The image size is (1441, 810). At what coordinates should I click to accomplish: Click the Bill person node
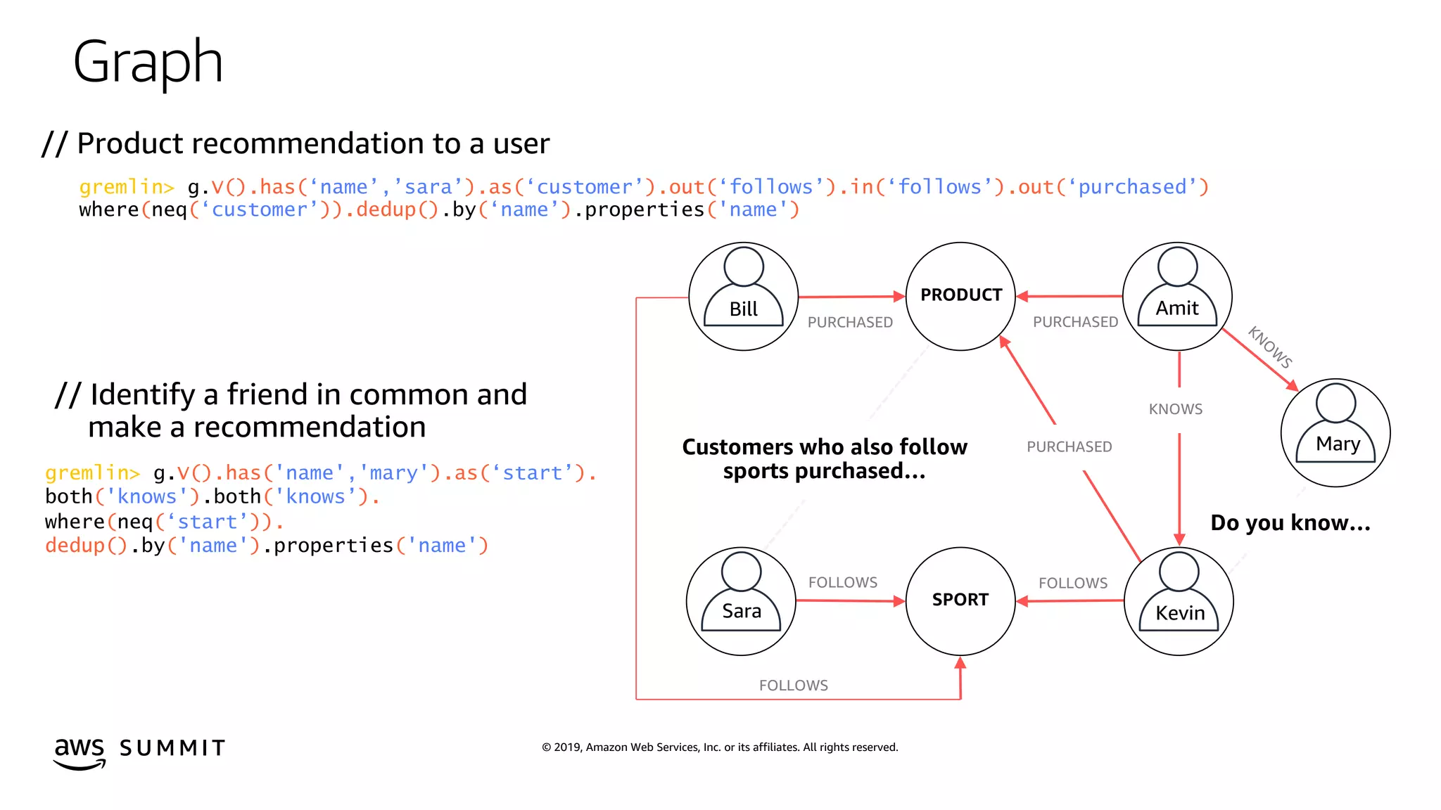pyautogui.click(x=743, y=297)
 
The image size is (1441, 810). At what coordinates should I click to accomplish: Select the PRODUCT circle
pyautogui.click(x=960, y=296)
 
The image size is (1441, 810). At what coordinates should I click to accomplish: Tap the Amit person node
pyautogui.click(x=1177, y=296)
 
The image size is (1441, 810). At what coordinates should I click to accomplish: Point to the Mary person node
pyautogui.click(x=1335, y=432)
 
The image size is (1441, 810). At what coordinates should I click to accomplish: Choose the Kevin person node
pyautogui.click(x=1179, y=601)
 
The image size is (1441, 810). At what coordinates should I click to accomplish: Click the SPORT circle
pyautogui.click(x=960, y=600)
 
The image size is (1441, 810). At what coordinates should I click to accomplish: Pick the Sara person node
pyautogui.click(x=741, y=601)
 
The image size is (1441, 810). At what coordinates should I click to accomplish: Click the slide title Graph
pyautogui.click(x=148, y=62)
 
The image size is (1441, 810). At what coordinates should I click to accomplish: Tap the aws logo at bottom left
pyautogui.click(x=80, y=752)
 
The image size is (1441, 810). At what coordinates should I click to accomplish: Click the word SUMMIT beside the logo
pyautogui.click(x=172, y=748)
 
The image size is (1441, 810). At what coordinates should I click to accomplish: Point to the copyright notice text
pyautogui.click(x=720, y=747)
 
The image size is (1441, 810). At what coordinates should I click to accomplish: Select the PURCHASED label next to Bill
pyautogui.click(x=850, y=323)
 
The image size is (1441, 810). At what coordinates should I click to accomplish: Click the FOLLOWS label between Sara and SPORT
pyautogui.click(x=843, y=583)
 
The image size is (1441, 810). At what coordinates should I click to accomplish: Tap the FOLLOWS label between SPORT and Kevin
pyautogui.click(x=1073, y=584)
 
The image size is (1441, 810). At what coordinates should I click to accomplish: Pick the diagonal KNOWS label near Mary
pyautogui.click(x=1270, y=347)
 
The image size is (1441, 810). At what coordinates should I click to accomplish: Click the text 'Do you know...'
pyautogui.click(x=1290, y=523)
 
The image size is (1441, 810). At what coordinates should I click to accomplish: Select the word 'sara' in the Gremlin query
pyautogui.click(x=429, y=187)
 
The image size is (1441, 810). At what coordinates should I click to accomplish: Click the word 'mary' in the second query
pyautogui.click(x=393, y=473)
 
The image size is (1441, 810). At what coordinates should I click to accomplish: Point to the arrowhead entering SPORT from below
pyautogui.click(x=960, y=662)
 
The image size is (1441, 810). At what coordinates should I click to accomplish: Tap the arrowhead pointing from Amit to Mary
pyautogui.click(x=1292, y=385)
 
